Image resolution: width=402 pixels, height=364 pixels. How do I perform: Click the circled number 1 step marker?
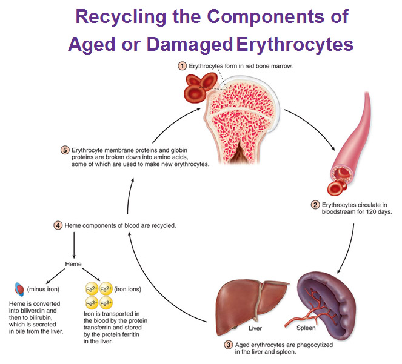click(183, 66)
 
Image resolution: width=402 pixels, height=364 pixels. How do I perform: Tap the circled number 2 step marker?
click(315, 205)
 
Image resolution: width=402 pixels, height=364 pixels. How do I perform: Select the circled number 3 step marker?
click(228, 345)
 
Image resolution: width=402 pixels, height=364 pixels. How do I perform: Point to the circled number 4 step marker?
click(58, 225)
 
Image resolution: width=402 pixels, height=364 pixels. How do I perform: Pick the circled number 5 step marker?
click(65, 150)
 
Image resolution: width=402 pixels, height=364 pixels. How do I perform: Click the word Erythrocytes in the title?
click(295, 45)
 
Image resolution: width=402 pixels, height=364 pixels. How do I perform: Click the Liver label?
click(255, 328)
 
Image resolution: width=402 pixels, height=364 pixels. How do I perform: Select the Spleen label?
click(306, 328)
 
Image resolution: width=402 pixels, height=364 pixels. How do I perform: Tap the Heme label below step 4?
click(73, 264)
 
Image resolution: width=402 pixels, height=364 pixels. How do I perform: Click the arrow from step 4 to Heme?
click(74, 245)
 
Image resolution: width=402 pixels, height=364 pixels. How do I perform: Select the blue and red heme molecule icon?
click(19, 290)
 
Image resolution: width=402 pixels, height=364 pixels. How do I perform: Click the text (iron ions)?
click(128, 290)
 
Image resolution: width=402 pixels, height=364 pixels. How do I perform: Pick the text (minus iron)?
click(43, 290)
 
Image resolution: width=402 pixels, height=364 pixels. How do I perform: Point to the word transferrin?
click(96, 328)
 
